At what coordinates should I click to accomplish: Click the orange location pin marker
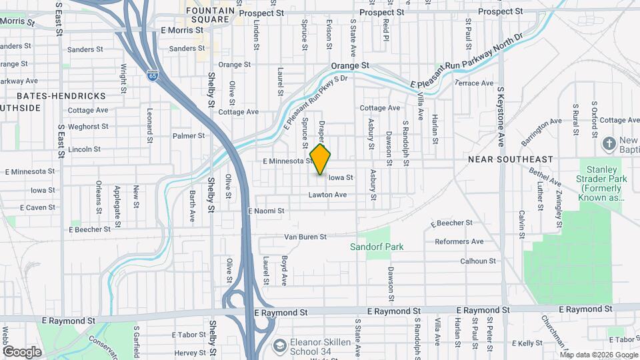tap(321, 160)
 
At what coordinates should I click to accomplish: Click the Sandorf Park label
tap(377, 247)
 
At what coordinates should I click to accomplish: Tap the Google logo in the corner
tap(22, 351)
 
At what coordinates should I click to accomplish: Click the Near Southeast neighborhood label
tap(511, 159)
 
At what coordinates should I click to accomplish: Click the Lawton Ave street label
tap(327, 195)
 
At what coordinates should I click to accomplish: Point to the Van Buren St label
tap(305, 237)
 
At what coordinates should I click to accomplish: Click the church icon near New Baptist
tap(609, 143)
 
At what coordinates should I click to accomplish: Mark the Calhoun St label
tap(478, 261)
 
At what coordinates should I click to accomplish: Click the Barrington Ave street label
tap(541, 132)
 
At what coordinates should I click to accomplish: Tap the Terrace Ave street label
tap(474, 83)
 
